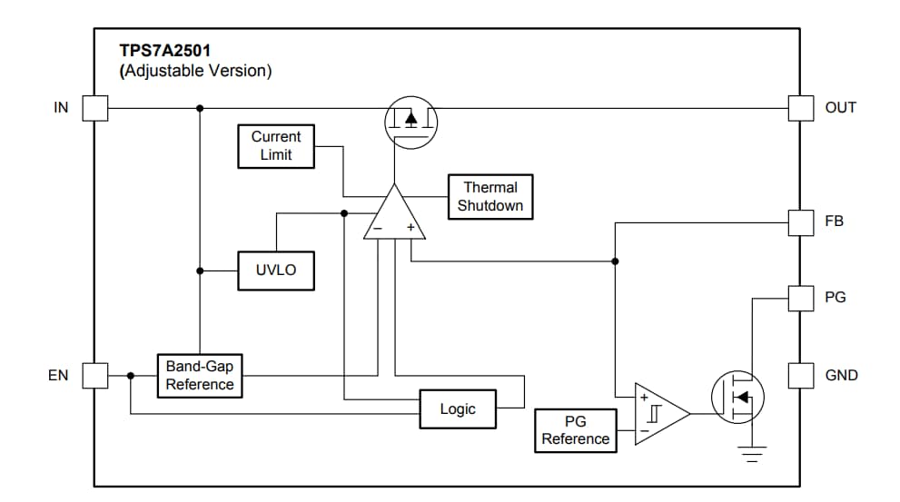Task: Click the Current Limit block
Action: (275, 146)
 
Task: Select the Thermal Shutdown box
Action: (490, 197)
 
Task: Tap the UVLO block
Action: (275, 271)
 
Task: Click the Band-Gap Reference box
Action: (200, 375)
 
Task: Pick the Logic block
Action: (458, 409)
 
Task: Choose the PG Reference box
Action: (575, 430)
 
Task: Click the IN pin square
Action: (95, 108)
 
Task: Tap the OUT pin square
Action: (800, 108)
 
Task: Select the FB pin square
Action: (800, 221)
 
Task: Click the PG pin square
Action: (800, 298)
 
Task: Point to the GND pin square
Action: (800, 375)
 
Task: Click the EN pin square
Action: (95, 375)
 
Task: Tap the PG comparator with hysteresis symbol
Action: (658, 413)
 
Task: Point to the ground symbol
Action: (751, 455)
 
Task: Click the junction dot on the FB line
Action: (615, 261)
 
